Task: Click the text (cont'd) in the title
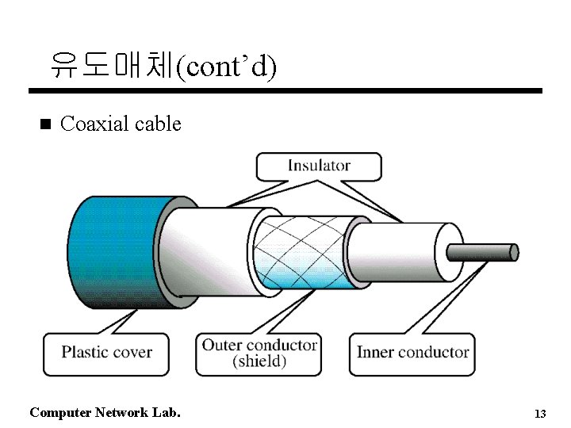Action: point(225,67)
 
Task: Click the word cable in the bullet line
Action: point(158,124)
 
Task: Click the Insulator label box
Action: point(318,166)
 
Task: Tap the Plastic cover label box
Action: point(107,352)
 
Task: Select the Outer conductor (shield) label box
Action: point(259,353)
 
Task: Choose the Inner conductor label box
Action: point(412,353)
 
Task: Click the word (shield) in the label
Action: point(259,361)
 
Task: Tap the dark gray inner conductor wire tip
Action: point(484,253)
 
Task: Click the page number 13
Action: point(540,414)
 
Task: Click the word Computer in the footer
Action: point(59,412)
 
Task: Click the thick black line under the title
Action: point(293,91)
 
